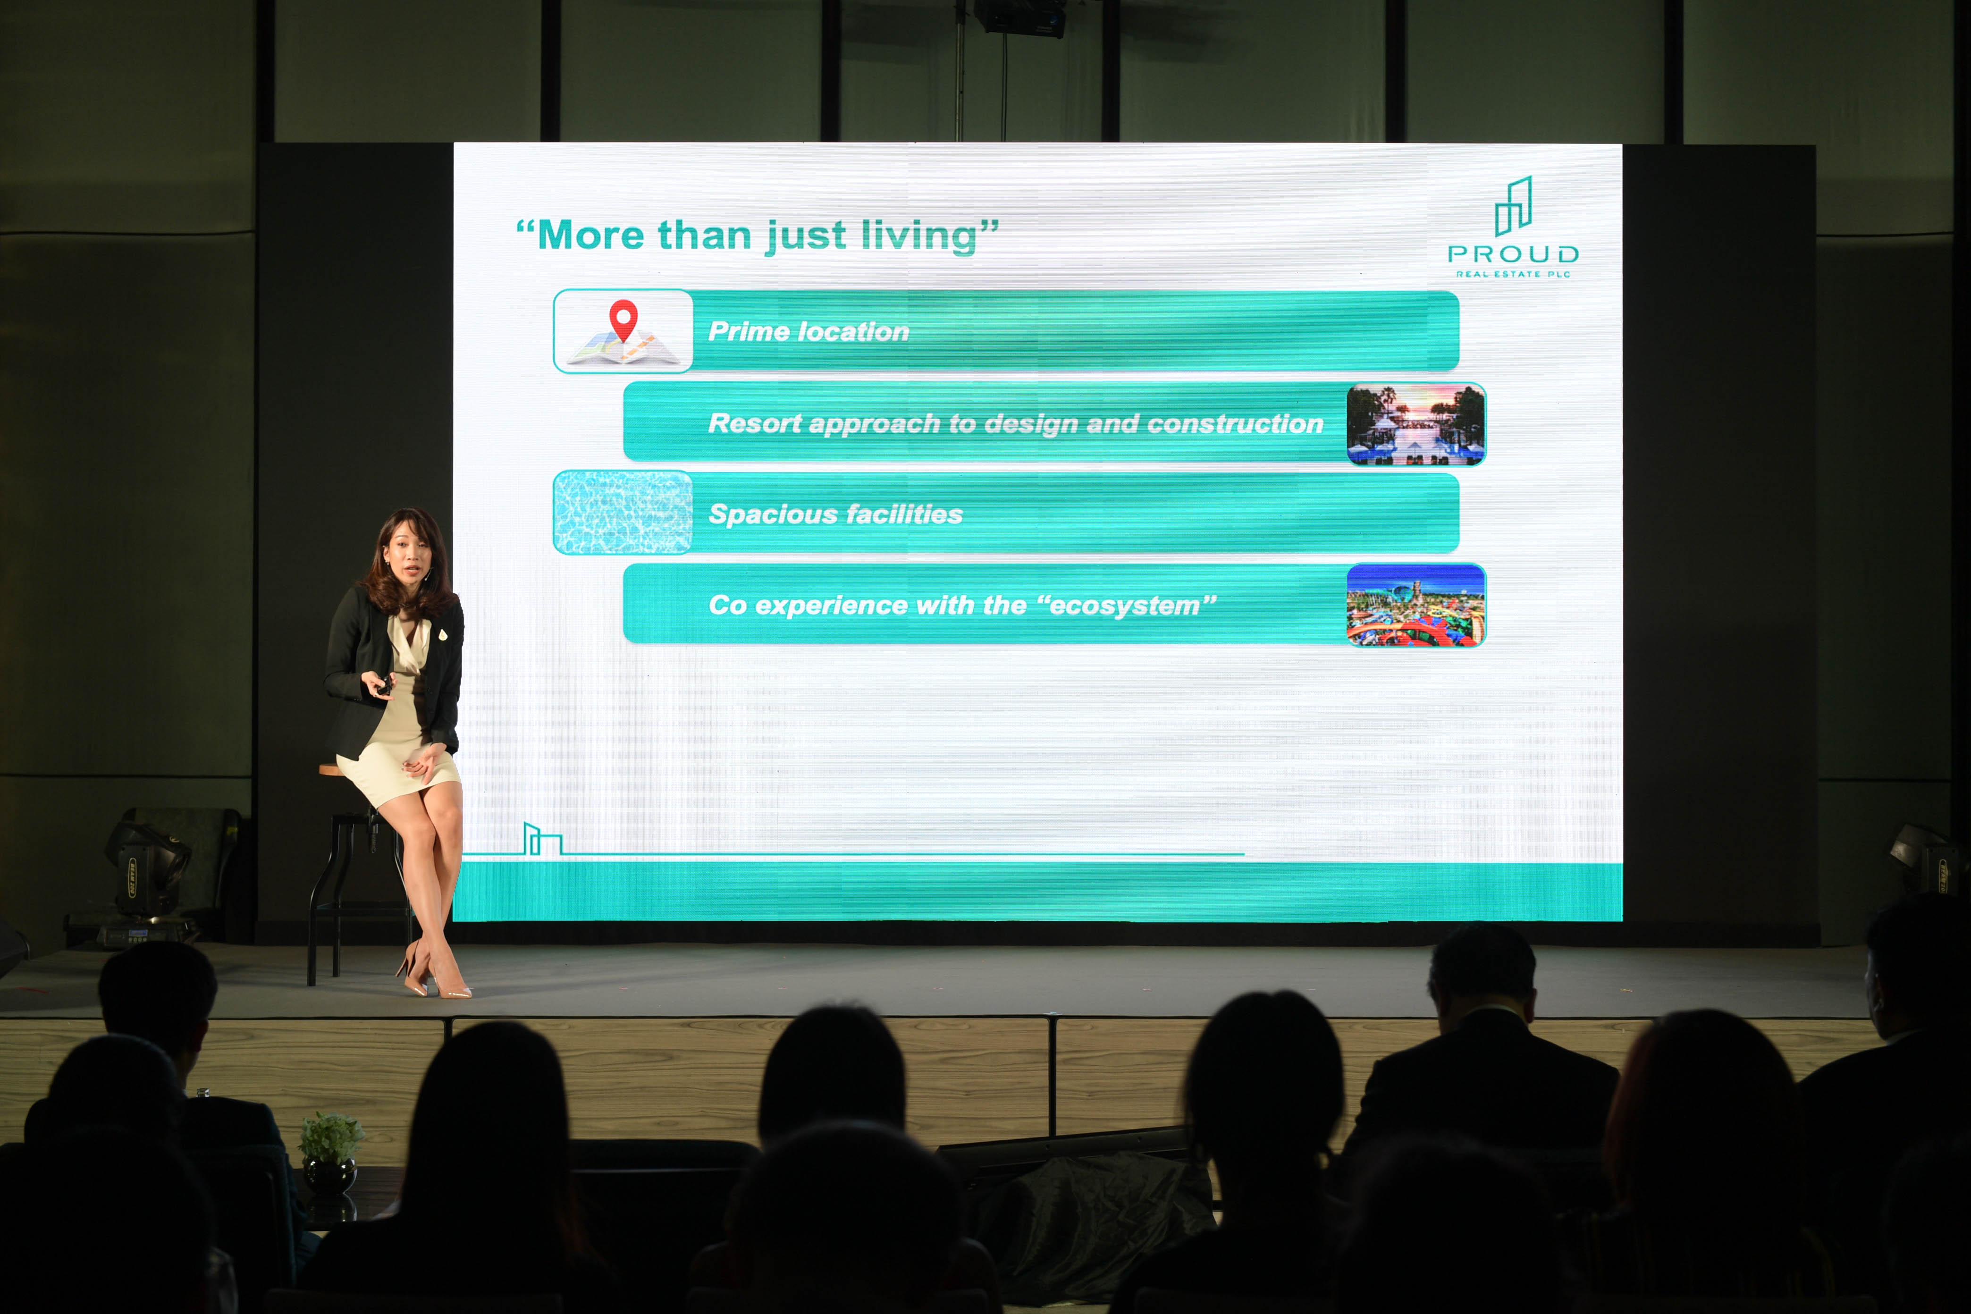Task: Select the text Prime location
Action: click(x=809, y=332)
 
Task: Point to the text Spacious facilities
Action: click(x=835, y=514)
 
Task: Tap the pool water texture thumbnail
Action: click(x=623, y=512)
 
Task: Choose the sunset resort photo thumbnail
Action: click(x=1415, y=424)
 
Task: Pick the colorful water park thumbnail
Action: click(x=1415, y=605)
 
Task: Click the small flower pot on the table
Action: click(x=330, y=1155)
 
